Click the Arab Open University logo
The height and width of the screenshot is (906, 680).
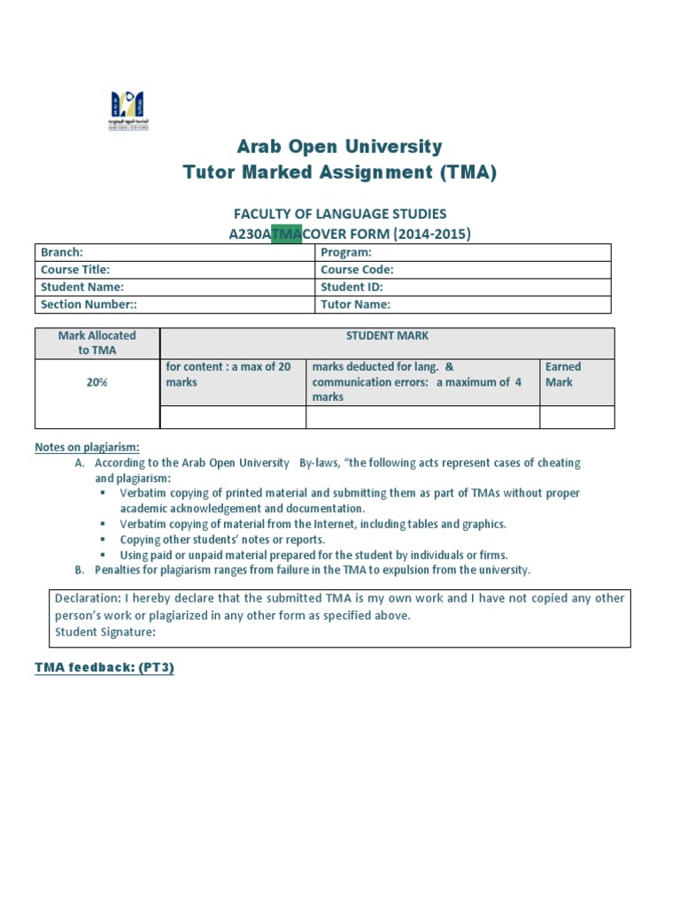pos(128,110)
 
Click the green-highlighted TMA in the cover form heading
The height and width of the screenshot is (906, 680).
pos(286,234)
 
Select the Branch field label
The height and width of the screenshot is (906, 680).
pos(62,253)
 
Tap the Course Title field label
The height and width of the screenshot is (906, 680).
pos(75,270)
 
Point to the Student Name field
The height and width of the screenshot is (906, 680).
pos(82,287)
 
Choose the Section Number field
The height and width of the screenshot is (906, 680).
pos(89,304)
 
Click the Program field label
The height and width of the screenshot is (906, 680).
pos(346,253)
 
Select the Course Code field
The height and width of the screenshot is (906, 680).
pos(357,270)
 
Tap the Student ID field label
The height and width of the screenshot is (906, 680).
pos(352,287)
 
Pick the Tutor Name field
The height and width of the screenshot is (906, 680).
pos(355,304)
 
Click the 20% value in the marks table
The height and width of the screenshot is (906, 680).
pos(97,382)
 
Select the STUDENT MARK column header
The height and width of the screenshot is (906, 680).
pos(387,336)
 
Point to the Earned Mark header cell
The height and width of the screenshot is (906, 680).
pos(563,374)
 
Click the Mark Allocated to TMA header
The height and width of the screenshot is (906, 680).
pos(97,343)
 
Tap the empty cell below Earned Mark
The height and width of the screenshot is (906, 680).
pos(576,417)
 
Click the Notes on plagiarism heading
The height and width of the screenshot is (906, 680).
pos(87,447)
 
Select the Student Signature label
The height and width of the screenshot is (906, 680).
pos(105,632)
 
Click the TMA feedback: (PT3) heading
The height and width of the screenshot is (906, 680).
pos(104,668)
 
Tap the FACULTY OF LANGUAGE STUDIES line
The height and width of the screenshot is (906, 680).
pos(339,213)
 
